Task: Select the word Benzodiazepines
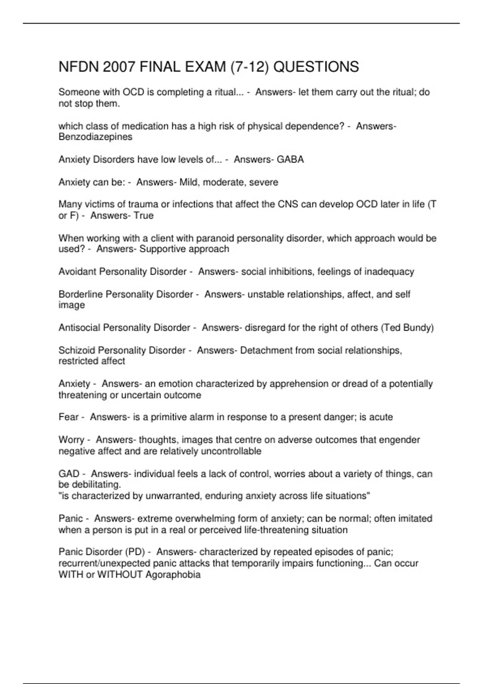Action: (95, 137)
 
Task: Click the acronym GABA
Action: (290, 159)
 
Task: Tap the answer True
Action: (144, 216)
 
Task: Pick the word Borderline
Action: (80, 294)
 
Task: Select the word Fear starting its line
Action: (68, 417)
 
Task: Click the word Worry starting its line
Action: (71, 440)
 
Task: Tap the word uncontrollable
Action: (231, 451)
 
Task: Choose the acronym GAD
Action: (69, 474)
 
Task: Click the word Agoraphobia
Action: (173, 574)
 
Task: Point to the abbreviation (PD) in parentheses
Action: (135, 552)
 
